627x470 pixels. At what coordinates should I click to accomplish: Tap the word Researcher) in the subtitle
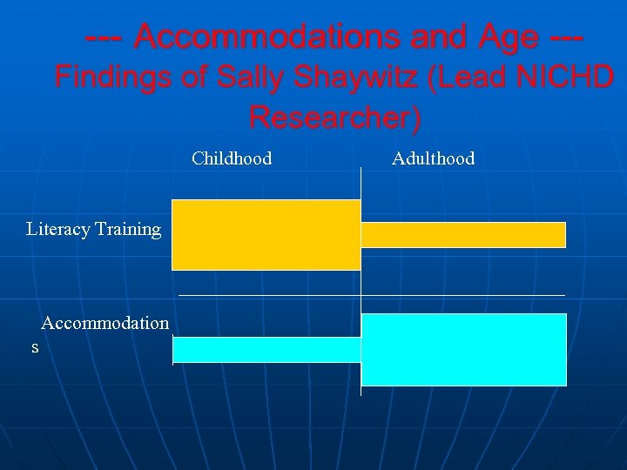click(334, 117)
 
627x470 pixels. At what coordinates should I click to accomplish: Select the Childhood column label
click(232, 158)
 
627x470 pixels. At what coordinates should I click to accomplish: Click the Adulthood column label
click(433, 158)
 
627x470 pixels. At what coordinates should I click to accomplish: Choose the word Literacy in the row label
click(57, 230)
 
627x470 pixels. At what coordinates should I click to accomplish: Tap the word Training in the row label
click(128, 230)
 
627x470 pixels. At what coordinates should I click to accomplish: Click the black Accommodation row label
click(104, 324)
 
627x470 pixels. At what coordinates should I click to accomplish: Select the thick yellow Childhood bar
click(266, 234)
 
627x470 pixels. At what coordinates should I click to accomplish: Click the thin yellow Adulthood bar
click(462, 235)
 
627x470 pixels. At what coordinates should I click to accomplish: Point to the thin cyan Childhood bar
click(266, 349)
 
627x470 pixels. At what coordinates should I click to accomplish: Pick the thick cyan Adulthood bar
click(463, 349)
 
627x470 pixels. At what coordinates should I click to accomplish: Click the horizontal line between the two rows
click(261, 296)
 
